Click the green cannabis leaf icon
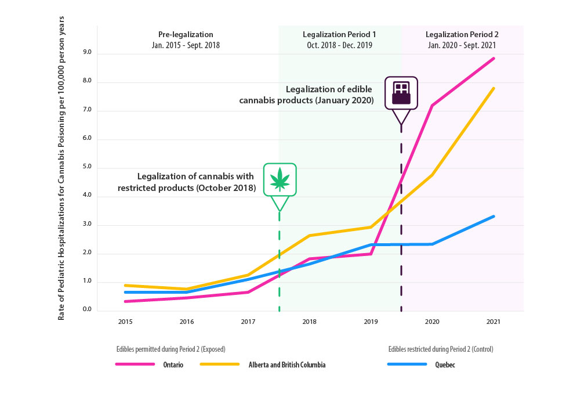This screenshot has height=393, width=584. pos(280,179)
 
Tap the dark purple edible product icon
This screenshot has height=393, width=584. pos(401,92)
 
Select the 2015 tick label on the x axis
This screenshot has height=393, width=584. pos(124,321)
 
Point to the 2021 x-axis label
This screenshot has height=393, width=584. pos(493,321)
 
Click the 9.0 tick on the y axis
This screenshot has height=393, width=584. pos(87,53)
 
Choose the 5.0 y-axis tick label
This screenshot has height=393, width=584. pos(87,168)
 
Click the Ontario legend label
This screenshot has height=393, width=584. pos(172,365)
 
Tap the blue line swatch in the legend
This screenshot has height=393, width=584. pos(407,365)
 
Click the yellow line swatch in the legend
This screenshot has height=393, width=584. pos(219,365)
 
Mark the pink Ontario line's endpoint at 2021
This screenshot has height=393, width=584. pos(494,58)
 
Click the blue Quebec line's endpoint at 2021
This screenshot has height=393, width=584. pos(494,217)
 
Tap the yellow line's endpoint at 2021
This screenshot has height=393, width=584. pos(494,88)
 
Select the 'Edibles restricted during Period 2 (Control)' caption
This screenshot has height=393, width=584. pos(440,349)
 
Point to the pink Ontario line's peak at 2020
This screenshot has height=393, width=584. pos(432,106)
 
